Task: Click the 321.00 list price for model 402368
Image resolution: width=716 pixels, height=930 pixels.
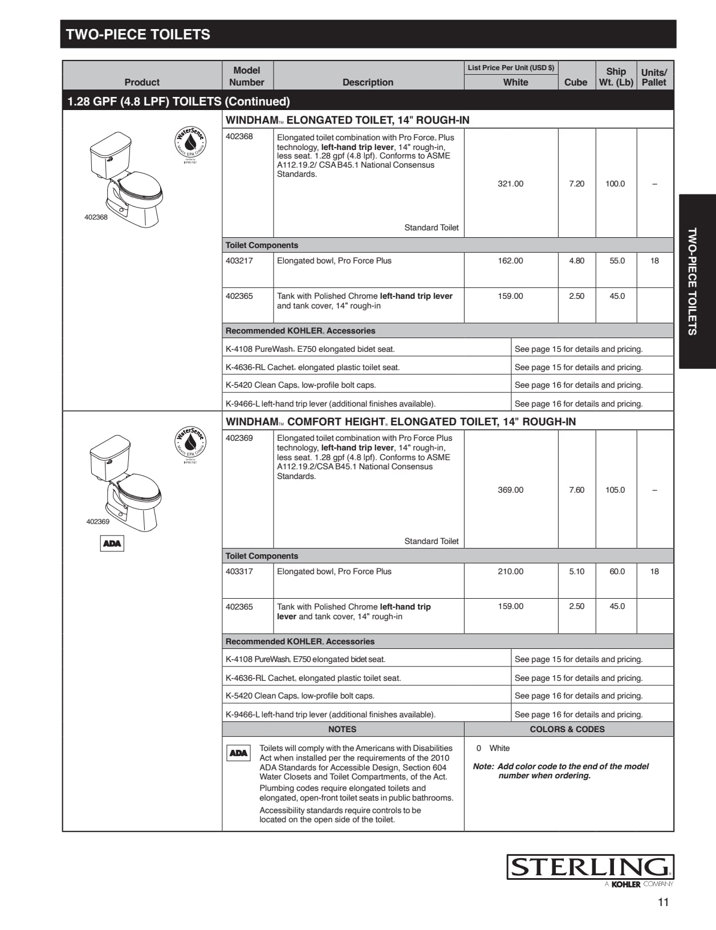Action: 510,184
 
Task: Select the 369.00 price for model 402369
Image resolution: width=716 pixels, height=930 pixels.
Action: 510,490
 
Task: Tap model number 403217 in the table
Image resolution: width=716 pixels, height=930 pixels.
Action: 239,261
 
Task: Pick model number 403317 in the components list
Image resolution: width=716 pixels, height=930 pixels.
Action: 239,571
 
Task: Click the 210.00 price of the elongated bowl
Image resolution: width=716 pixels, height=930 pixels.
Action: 510,571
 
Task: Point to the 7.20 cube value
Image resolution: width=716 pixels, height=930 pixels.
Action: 576,184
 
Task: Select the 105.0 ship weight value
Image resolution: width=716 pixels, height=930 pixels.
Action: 615,490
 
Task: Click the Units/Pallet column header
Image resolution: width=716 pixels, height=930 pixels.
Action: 654,77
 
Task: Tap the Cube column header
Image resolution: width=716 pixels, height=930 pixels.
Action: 576,82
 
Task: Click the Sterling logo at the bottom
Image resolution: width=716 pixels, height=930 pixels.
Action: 590,867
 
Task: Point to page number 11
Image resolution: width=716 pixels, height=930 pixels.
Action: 663,902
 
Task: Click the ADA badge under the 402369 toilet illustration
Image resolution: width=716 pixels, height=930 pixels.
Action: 112,543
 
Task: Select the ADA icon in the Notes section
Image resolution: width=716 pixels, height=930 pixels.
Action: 238,753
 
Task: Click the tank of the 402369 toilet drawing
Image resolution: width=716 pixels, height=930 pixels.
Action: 110,456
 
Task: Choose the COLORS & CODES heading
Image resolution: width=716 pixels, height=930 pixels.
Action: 567,729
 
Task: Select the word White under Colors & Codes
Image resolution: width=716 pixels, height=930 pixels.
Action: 499,748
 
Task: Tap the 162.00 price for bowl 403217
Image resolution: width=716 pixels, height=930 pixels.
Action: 510,261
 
